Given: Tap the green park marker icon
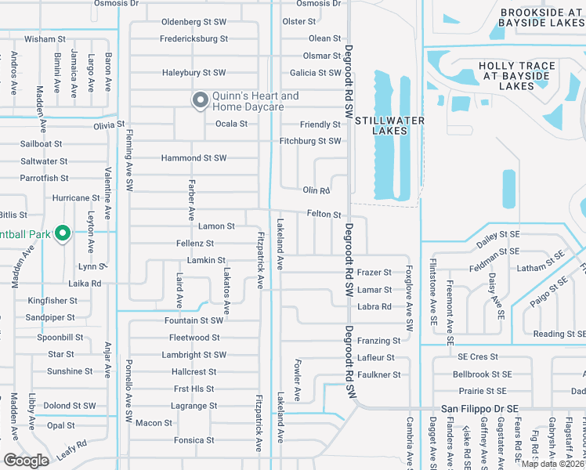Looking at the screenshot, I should click(63, 233).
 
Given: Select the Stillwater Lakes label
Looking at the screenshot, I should click(389, 125).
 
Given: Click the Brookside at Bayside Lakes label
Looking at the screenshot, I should click(541, 18).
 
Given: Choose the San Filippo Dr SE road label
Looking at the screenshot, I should click(479, 408).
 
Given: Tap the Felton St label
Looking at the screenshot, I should click(324, 214).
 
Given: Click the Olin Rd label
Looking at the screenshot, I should click(317, 190).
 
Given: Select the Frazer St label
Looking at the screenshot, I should click(374, 273).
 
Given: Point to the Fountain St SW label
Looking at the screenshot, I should click(194, 320).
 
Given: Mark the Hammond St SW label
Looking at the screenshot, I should click(194, 158).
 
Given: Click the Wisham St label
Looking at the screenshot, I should click(44, 38).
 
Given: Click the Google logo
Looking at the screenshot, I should click(26, 460).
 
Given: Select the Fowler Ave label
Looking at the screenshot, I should click(298, 380).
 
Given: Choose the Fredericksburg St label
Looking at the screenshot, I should click(194, 38).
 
